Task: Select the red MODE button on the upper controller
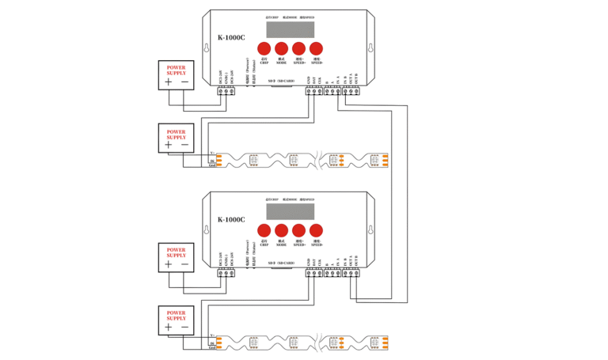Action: click(281, 48)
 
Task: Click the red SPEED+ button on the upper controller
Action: click(298, 48)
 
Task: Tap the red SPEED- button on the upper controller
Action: click(316, 48)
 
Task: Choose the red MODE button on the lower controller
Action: click(281, 231)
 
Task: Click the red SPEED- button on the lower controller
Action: click(316, 231)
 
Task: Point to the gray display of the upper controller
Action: click(291, 28)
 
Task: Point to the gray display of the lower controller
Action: click(291, 210)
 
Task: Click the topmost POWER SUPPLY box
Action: click(177, 76)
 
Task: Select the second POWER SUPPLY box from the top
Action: click(177, 138)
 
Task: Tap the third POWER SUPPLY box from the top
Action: click(177, 256)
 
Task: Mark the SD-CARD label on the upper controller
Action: click(281, 81)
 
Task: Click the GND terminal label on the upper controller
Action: click(308, 81)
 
